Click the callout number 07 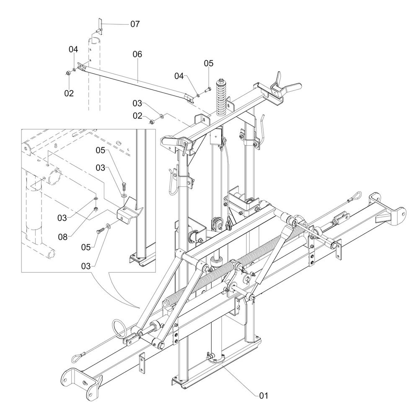click(135, 24)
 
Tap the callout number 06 click(137, 54)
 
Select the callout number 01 click(264, 396)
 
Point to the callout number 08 click(63, 237)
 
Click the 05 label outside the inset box click(209, 63)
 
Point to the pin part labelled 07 click(99, 27)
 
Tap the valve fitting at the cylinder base click(210, 356)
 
